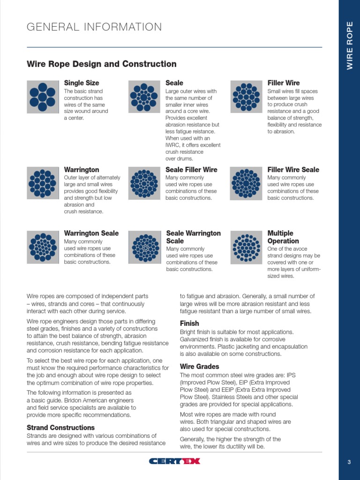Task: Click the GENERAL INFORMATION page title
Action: point(94,27)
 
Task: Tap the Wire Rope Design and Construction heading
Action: point(102,64)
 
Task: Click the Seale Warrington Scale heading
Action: point(193,237)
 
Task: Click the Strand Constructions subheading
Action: point(60,427)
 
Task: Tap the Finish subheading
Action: point(189,323)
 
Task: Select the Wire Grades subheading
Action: point(199,367)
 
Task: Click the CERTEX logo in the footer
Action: point(174,461)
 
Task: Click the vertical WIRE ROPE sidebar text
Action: point(350,46)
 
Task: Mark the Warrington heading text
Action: point(82,170)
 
